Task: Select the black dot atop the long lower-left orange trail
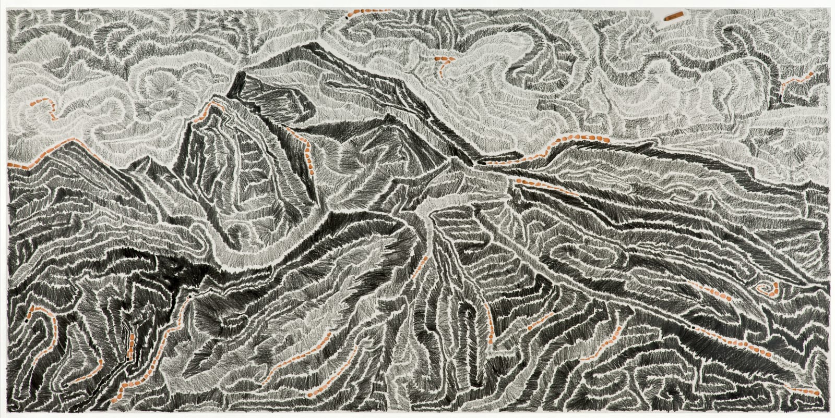pyautogui.click(x=191, y=296)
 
